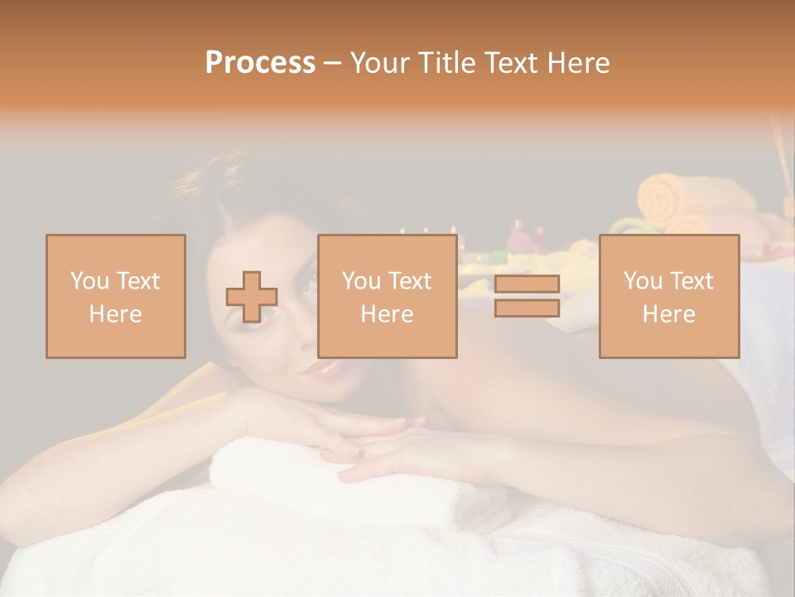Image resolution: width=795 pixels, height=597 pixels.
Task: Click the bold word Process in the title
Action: click(260, 63)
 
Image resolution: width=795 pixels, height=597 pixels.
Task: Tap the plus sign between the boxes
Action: click(252, 297)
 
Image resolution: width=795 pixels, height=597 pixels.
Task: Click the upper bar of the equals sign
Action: click(527, 284)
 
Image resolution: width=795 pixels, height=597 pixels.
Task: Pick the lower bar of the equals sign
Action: click(527, 308)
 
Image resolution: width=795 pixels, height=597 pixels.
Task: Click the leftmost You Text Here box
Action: click(115, 296)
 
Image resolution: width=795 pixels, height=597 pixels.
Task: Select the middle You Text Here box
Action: click(387, 296)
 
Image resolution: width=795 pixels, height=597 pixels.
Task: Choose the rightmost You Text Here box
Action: click(668, 296)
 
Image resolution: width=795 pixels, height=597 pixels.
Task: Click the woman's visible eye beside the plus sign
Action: click(310, 284)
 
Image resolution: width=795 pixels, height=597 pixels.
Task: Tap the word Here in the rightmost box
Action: click(668, 313)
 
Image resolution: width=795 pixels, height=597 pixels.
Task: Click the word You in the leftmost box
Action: click(88, 280)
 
